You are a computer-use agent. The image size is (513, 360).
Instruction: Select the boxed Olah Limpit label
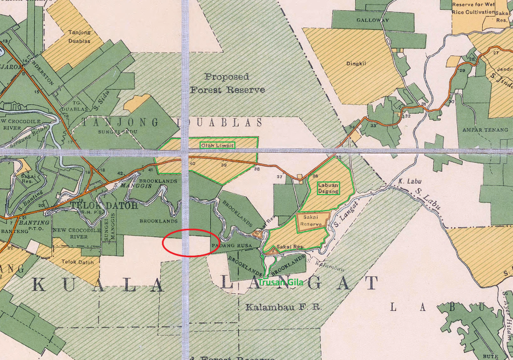click(217, 145)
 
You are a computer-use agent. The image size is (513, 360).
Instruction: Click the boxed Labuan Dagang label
click(328, 188)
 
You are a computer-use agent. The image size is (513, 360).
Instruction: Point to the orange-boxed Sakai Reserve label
click(313, 221)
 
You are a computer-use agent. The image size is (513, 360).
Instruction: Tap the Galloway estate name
click(373, 20)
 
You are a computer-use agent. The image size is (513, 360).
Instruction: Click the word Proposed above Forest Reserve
click(227, 76)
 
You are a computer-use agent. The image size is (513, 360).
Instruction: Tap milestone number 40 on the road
click(192, 164)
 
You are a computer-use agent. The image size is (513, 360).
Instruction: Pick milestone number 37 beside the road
click(279, 177)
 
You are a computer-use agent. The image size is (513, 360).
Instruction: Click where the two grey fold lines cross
click(185, 152)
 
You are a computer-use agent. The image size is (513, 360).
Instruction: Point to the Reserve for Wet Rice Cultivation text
click(473, 8)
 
